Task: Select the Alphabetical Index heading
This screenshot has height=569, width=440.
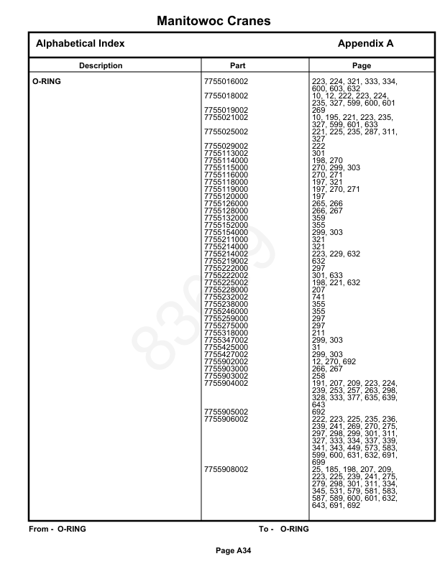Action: click(x=80, y=44)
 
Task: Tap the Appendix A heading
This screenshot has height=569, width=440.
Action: click(x=365, y=44)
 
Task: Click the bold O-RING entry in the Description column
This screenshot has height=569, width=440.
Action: click(x=47, y=82)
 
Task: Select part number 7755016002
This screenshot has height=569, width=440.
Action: click(x=226, y=82)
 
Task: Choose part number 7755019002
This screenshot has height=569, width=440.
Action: click(x=226, y=110)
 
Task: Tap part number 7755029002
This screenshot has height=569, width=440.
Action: click(x=226, y=146)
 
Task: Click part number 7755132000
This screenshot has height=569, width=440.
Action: click(x=226, y=217)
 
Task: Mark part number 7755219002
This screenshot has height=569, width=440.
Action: click(x=226, y=261)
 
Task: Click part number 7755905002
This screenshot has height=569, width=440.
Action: click(x=226, y=412)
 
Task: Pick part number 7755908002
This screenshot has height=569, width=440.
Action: click(x=226, y=469)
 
